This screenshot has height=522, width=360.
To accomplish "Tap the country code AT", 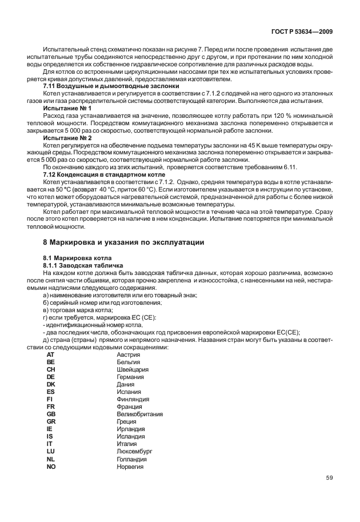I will point(51,355).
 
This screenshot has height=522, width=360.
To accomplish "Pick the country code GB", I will point(51,414).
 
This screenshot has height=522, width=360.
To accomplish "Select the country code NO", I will point(51,466).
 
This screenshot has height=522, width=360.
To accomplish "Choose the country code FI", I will point(50,399).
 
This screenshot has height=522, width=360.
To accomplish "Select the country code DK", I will point(51,385).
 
